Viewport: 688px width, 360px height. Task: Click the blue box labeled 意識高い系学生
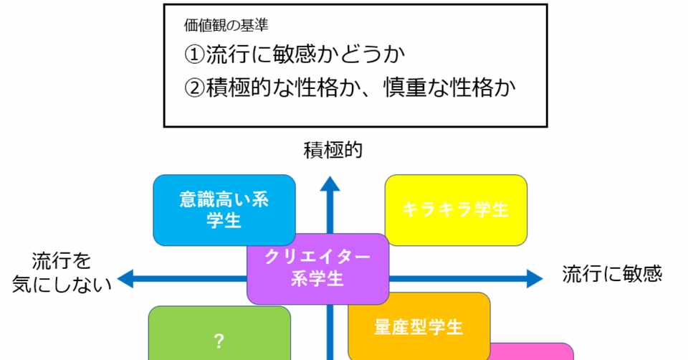[224, 210]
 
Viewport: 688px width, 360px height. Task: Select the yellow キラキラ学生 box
[456, 210]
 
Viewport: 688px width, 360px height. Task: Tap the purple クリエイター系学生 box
[317, 268]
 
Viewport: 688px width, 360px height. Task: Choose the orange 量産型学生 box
[419, 326]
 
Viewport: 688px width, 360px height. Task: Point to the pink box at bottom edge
[534, 352]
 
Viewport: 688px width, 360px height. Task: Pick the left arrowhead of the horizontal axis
[126, 279]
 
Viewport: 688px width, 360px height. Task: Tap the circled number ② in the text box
[193, 90]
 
